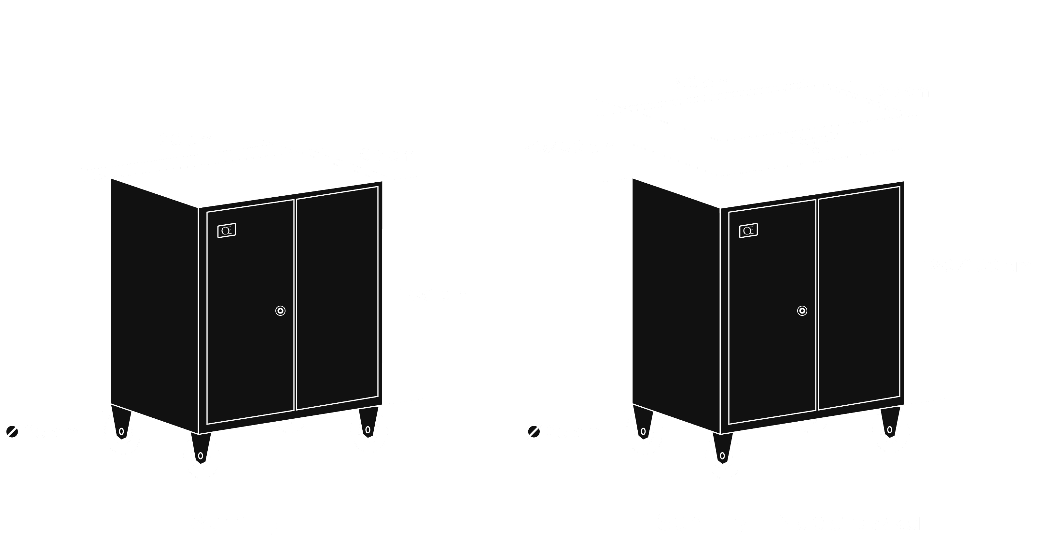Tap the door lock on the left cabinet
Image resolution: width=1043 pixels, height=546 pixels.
280,311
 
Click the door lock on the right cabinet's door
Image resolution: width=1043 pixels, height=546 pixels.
802,311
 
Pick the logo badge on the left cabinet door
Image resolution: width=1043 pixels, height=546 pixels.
227,231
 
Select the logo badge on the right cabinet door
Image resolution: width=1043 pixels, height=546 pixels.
748,231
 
